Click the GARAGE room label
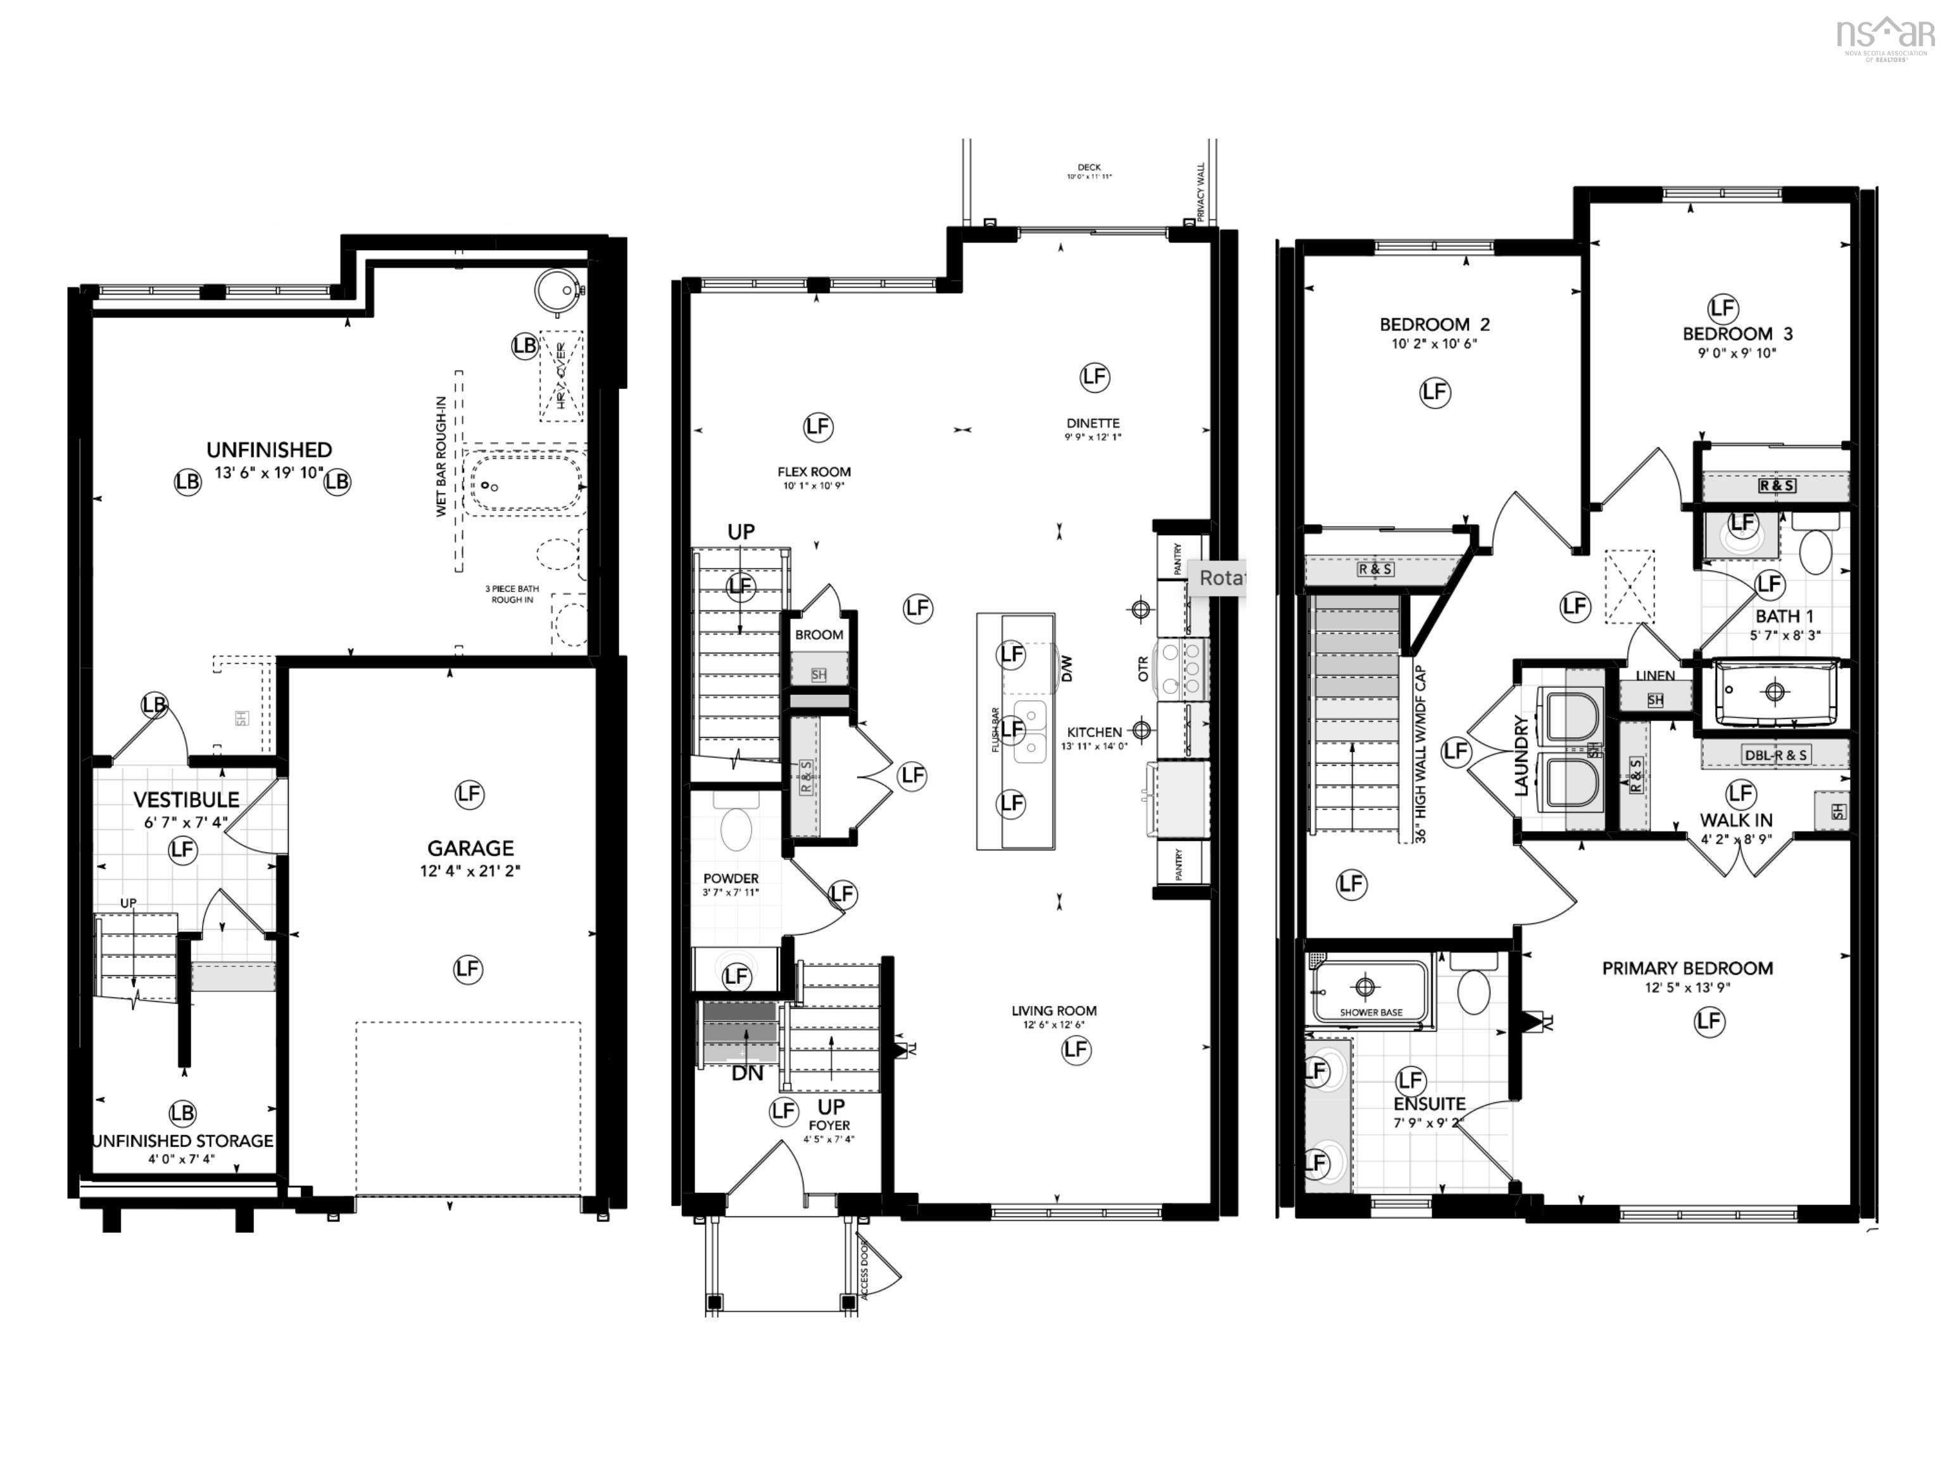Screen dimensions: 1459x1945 click(x=470, y=848)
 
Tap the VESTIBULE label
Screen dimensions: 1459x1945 click(x=186, y=799)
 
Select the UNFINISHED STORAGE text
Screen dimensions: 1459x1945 click(x=183, y=1140)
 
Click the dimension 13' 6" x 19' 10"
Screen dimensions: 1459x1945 click(x=269, y=473)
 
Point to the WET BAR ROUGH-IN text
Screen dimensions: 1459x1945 click(x=441, y=457)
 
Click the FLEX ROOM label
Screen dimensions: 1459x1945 click(x=814, y=471)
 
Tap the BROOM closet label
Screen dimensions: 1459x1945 click(x=819, y=634)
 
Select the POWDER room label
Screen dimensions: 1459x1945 click(x=731, y=878)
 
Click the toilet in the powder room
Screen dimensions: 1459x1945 click(x=736, y=823)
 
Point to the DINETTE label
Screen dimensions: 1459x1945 click(x=1093, y=423)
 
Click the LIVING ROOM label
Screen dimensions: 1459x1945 click(x=1054, y=1011)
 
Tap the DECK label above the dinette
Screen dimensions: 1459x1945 click(x=1090, y=167)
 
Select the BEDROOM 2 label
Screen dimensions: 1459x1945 click(x=1434, y=324)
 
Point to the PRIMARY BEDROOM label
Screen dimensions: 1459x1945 click(x=1687, y=968)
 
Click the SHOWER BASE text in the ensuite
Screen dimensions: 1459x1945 click(x=1371, y=1012)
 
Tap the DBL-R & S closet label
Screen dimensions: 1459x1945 click(x=1775, y=755)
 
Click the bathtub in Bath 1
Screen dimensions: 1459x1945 click(x=1775, y=692)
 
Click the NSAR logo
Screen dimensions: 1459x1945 click(x=1887, y=35)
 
